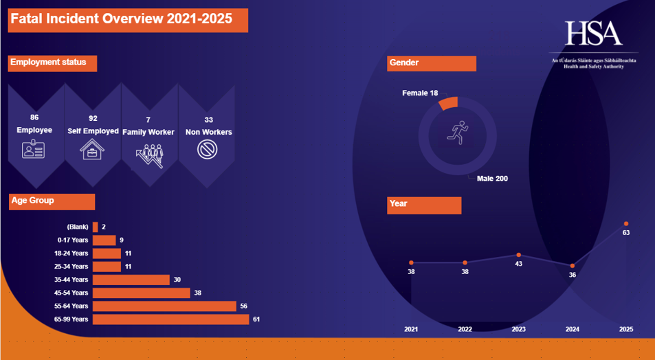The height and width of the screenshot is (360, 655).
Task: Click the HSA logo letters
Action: pyautogui.click(x=593, y=33)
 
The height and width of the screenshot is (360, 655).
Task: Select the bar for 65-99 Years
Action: pyautogui.click(x=170, y=319)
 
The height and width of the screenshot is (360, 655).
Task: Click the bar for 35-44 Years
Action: pyautogui.click(x=131, y=280)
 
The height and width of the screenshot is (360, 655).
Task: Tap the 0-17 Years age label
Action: pyautogui.click(x=73, y=240)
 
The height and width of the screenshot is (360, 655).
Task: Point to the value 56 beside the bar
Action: pyautogui.click(x=243, y=306)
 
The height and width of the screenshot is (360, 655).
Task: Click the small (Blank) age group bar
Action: pyautogui.click(x=95, y=227)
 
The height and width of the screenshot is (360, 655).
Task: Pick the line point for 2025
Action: pyautogui.click(x=626, y=223)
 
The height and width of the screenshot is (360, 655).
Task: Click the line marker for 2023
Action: pyautogui.click(x=519, y=255)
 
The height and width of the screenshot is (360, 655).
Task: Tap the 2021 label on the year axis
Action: pyautogui.click(x=411, y=329)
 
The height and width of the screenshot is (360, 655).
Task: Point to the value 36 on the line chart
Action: pyautogui.click(x=573, y=275)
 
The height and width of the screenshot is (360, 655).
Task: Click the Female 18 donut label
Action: pyautogui.click(x=420, y=93)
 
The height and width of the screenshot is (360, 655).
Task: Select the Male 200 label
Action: pyautogui.click(x=492, y=179)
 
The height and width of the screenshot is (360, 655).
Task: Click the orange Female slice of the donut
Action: pyautogui.click(x=447, y=103)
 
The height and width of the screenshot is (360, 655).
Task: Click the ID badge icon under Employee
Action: pyautogui.click(x=34, y=149)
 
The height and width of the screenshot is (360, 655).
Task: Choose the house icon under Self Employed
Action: pyautogui.click(x=91, y=149)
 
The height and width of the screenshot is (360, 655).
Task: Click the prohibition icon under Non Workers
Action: pyautogui.click(x=207, y=149)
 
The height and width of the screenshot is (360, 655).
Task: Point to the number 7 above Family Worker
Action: pyautogui.click(x=148, y=120)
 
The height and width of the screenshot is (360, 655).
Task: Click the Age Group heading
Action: pyautogui.click(x=32, y=201)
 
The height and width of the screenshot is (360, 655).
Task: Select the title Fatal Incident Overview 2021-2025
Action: pyautogui.click(x=121, y=19)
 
